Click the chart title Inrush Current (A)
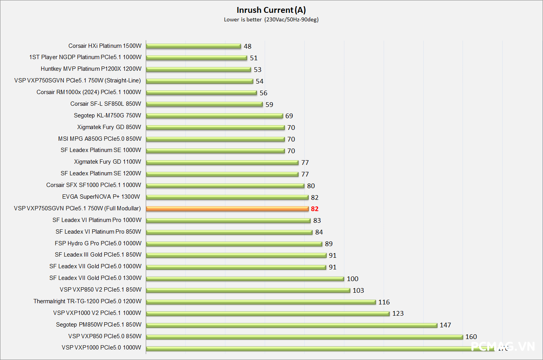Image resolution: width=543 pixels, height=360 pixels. coord(271,10)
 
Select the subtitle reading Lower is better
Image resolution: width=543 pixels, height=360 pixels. coord(243,19)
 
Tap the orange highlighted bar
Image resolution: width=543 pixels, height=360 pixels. coord(227,209)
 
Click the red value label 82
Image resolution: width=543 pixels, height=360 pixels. coord(314,209)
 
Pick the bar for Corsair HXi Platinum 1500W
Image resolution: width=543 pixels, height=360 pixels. coord(194,46)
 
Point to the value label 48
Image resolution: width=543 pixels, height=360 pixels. coord(248,46)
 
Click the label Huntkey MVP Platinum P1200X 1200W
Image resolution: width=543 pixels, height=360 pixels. coord(91,69)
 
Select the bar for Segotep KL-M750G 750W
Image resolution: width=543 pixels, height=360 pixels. coord(214,116)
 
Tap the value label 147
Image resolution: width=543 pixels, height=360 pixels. coord(445,325)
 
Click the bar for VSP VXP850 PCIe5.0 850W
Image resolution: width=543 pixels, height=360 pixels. coord(304,337)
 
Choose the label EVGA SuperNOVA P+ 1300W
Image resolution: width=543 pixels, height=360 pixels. coord(101,197)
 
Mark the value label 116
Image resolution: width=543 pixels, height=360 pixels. coord(384,302)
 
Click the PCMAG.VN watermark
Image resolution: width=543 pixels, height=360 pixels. coord(503,346)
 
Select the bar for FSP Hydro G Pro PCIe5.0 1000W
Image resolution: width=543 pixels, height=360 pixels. coord(234,244)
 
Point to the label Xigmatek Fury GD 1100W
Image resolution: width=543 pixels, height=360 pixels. coord(108,162)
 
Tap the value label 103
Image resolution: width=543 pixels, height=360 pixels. coord(358,290)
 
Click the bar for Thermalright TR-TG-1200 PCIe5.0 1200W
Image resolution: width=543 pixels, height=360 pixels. coord(261,302)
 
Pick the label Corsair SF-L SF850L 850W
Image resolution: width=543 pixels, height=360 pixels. coord(106,104)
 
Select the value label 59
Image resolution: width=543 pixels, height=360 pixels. coord(269,105)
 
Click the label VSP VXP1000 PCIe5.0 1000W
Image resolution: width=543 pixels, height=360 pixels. coord(101,348)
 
